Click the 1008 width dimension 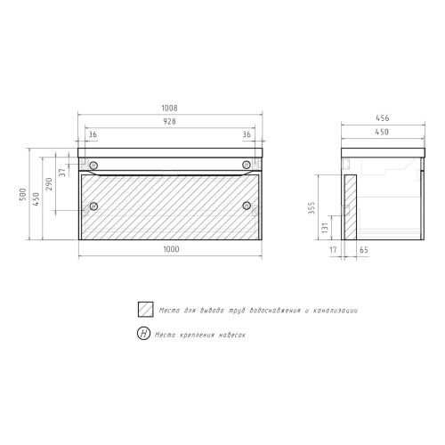(x=169, y=108)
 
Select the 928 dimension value (x=169, y=121)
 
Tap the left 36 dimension (x=93, y=134)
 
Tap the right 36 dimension (x=247, y=134)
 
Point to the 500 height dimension (x=23, y=194)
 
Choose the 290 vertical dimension (x=49, y=184)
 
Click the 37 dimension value (x=62, y=173)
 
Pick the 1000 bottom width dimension (x=171, y=249)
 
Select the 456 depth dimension (x=383, y=117)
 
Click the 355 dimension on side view (x=311, y=208)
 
